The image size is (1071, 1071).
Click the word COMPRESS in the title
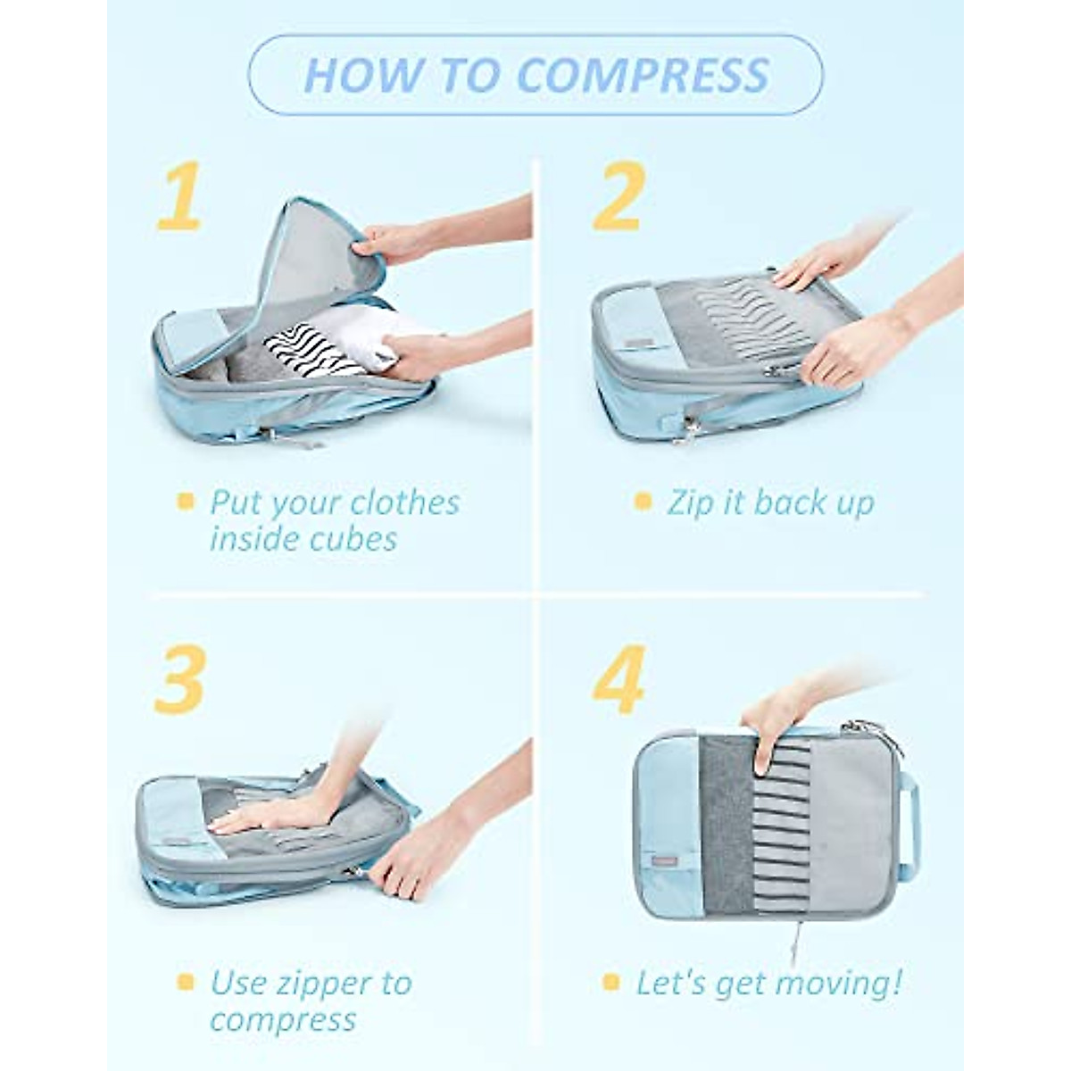click(643, 75)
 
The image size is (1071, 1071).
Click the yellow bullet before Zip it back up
click(642, 502)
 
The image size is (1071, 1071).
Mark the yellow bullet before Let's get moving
click(610, 983)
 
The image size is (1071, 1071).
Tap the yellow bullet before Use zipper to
click(185, 983)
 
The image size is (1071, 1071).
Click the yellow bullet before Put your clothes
click(185, 502)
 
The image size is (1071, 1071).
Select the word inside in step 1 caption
click(255, 539)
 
